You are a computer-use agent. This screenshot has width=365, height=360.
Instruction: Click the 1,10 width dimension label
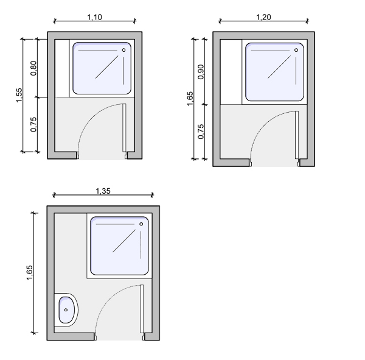tap(94, 17)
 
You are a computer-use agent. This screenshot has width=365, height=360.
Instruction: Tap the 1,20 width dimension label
tap(263, 17)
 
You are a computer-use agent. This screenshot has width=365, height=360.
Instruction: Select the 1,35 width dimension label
tap(103, 191)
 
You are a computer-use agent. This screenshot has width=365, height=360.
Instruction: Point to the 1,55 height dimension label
tap(19, 95)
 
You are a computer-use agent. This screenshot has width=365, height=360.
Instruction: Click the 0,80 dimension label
tap(33, 68)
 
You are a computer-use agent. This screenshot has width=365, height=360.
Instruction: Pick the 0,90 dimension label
tap(201, 72)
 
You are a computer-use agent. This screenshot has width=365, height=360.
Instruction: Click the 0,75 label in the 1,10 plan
tap(33, 124)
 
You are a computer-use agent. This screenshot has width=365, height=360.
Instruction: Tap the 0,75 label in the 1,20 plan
tap(201, 132)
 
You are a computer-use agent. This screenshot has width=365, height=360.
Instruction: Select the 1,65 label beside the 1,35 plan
tap(30, 272)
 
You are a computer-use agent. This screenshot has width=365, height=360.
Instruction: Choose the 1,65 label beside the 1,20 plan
tap(190, 99)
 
